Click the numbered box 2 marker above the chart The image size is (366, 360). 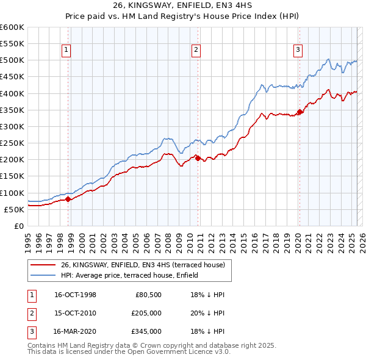[195, 51]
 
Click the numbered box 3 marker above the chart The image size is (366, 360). [297, 51]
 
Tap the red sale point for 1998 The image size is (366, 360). [68, 198]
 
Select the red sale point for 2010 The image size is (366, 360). [198, 157]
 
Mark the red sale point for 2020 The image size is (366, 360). [300, 112]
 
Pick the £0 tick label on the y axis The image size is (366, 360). [18, 226]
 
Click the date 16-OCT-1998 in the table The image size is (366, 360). [75, 295]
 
